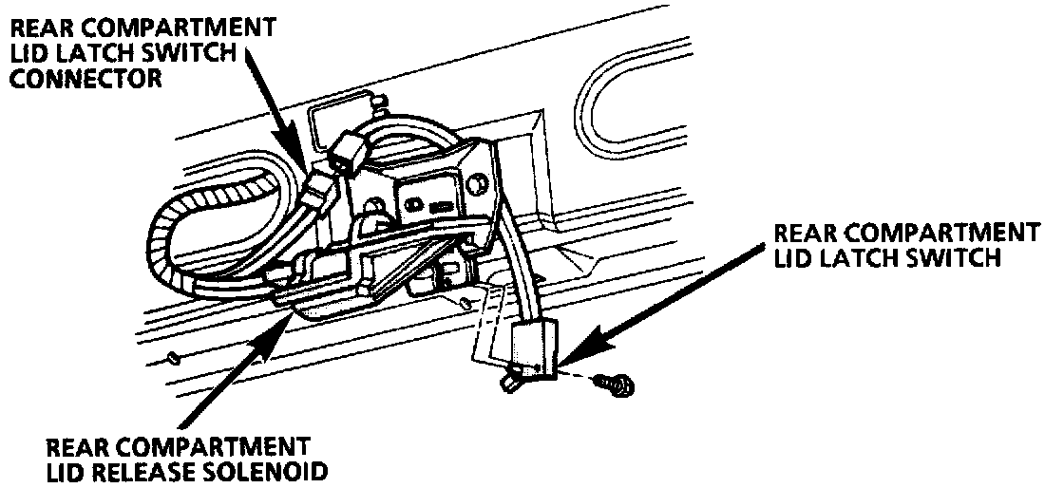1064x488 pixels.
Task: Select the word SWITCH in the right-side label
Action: click(x=950, y=257)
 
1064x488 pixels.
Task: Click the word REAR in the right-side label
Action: click(x=807, y=234)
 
